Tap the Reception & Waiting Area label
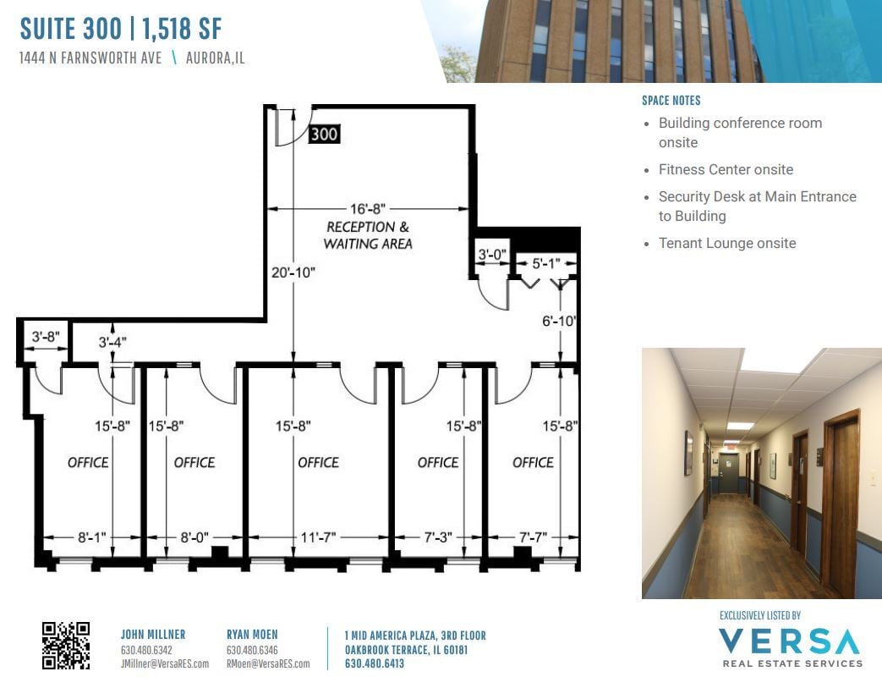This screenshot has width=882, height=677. click(368, 235)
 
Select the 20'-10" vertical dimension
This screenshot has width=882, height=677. click(293, 272)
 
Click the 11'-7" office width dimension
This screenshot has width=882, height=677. click(318, 537)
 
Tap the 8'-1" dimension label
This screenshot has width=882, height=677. click(90, 537)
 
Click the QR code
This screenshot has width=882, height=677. click(65, 645)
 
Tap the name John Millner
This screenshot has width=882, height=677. click(153, 635)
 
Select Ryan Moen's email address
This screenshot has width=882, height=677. click(268, 664)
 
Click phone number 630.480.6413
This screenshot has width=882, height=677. click(369, 664)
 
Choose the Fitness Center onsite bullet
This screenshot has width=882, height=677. click(726, 169)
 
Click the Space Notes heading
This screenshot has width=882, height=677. click(671, 101)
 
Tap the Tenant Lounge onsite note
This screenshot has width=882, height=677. click(727, 243)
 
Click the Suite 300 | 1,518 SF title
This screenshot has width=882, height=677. click(121, 29)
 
